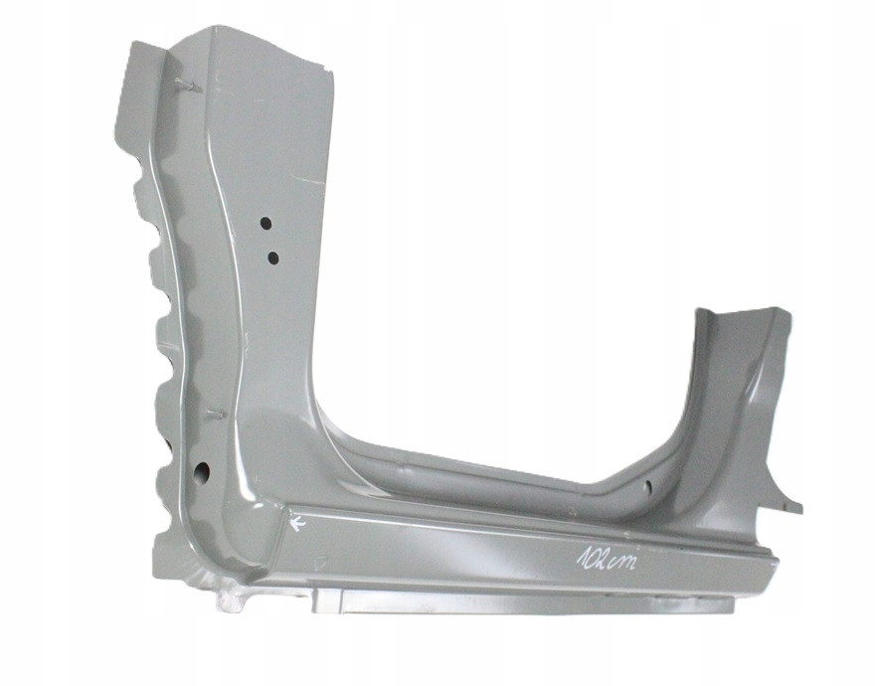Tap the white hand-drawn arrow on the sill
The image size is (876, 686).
click(x=298, y=523)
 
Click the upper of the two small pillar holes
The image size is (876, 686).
click(x=265, y=223)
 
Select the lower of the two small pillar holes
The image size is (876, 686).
click(x=273, y=257)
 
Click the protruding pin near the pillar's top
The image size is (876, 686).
click(x=189, y=85)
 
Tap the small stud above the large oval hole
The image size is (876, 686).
click(x=216, y=414)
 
